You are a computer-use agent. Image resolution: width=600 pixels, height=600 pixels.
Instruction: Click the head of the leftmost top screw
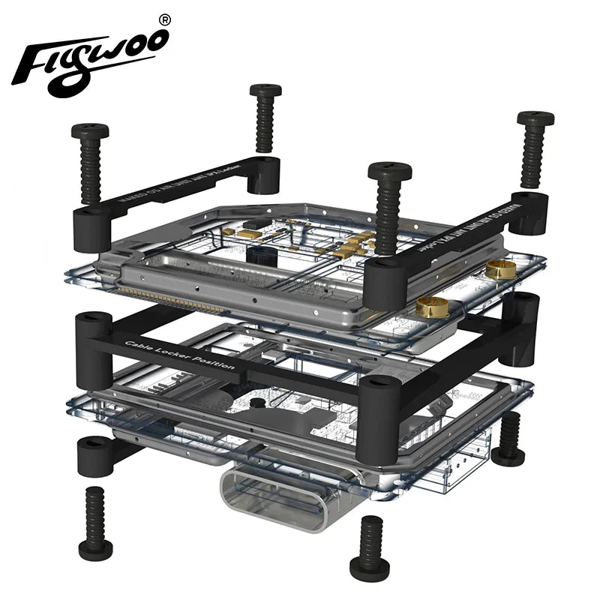90,132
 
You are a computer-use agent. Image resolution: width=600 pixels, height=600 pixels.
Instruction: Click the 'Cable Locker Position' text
180,355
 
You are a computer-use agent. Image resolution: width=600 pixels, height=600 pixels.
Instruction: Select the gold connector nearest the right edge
501,269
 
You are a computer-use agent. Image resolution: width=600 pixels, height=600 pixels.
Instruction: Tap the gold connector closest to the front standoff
433,306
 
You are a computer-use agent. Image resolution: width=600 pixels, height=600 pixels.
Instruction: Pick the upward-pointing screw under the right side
509,439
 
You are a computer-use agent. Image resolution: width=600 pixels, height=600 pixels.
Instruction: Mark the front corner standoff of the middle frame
379,409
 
